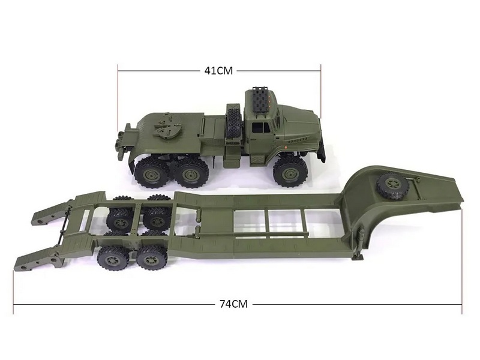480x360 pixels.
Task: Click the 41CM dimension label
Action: [218, 71]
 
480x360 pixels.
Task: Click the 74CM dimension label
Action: [233, 304]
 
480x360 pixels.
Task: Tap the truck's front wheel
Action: [289, 172]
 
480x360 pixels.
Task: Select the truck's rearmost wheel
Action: [151, 173]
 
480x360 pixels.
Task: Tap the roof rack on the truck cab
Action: [262, 101]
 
